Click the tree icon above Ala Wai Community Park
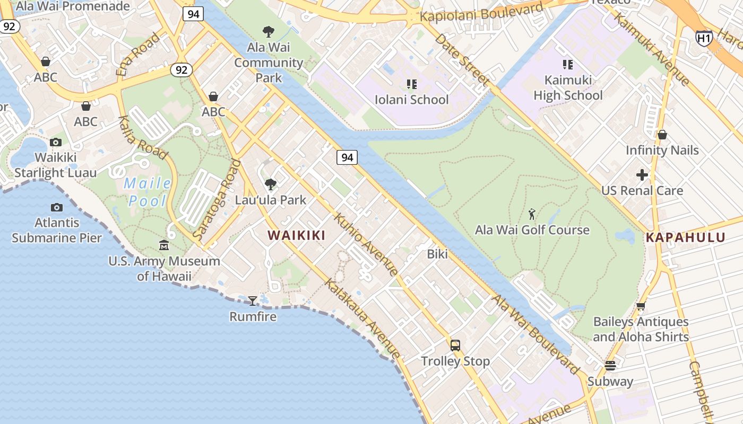coord(269,32)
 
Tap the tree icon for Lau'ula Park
coord(271,184)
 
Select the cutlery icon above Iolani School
coord(411,84)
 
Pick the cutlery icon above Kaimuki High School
coord(568,65)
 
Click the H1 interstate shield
coord(704,38)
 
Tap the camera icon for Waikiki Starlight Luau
coord(56,142)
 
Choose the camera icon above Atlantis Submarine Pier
coord(57,207)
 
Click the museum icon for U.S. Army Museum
coord(164,245)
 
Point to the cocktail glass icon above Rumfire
coord(253,301)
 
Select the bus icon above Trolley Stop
coord(455,346)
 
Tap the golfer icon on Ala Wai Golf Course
coord(532,215)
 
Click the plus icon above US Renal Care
coord(642,175)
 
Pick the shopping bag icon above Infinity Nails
coord(662,135)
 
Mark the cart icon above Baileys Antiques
coord(641,306)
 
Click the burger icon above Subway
coord(610,366)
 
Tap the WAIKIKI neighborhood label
coord(296,235)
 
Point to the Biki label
coord(437,254)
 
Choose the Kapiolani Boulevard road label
coord(481,12)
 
